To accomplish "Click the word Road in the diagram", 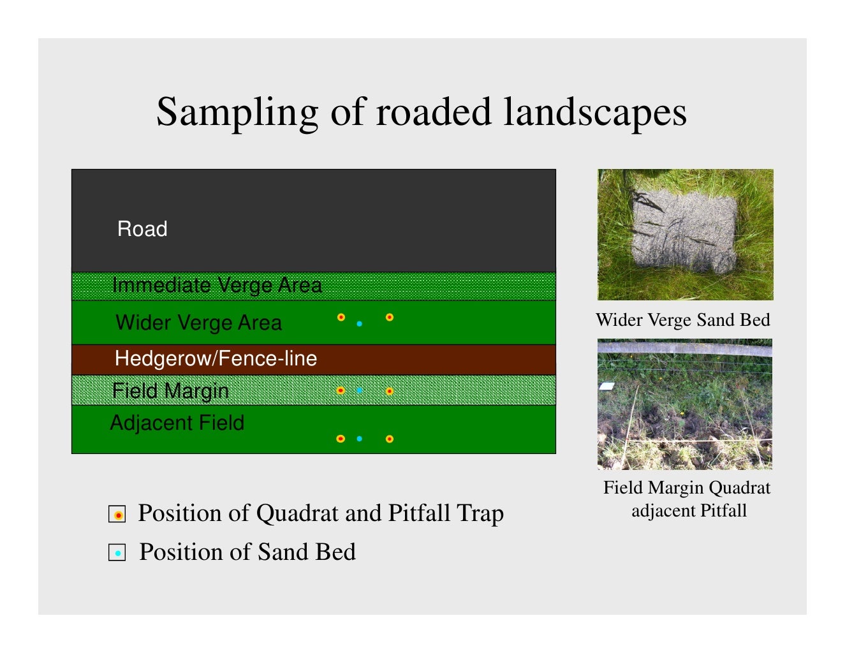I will point(142,229).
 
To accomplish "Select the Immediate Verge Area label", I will point(217,285).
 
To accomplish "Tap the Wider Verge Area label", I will point(198,323).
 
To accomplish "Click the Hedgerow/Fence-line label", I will point(216,358).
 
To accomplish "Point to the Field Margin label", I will point(170,390).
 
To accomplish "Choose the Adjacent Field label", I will point(177,423).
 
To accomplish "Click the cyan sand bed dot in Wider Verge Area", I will point(360,324).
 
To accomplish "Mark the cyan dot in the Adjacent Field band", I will point(360,439).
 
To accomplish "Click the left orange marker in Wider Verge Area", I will point(341,317).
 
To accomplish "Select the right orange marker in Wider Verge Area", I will point(390,317).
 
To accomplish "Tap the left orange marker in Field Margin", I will point(341,390).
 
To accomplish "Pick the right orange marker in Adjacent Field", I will point(390,439).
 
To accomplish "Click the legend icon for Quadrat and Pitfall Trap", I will point(117,514).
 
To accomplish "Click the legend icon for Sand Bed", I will point(117,553).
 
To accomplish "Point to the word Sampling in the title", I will point(237,113).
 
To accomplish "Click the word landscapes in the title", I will point(595,113).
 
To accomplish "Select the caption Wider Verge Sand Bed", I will point(683,319).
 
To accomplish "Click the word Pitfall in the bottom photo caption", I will point(723,511).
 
